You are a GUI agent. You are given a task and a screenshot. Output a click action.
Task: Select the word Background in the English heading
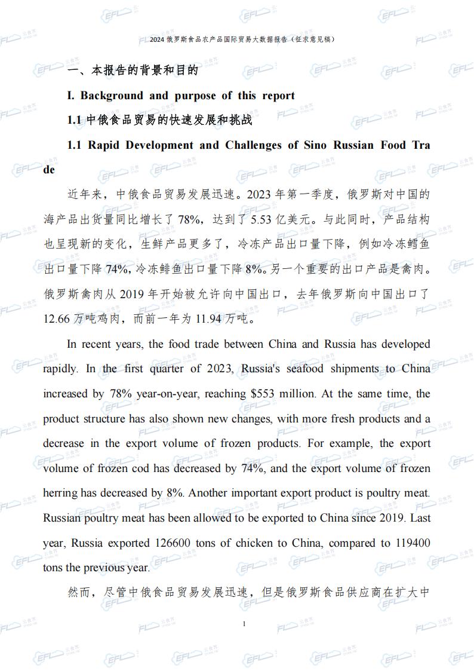[112, 96]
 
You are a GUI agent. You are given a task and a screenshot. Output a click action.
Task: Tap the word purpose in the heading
[195, 96]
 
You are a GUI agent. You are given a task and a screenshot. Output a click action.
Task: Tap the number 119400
[412, 543]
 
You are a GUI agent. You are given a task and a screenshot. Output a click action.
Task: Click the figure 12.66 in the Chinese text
[57, 318]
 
